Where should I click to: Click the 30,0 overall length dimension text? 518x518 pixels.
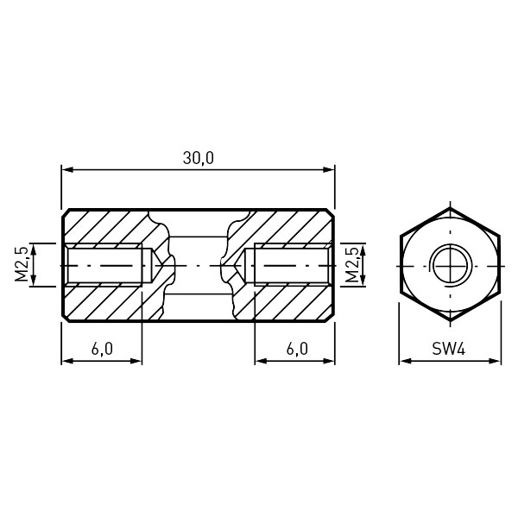coord(199,158)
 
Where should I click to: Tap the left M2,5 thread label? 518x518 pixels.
coord(22,265)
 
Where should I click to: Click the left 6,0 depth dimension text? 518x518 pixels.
coord(102,349)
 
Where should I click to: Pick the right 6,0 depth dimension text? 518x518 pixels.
coord(297,349)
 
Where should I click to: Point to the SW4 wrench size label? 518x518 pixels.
coord(449,349)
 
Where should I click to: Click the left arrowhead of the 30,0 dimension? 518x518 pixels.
coord(66,170)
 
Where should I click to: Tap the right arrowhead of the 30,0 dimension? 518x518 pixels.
coord(329,170)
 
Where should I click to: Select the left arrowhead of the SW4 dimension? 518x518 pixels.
coord(405,361)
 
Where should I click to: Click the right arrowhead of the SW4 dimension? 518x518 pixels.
coord(495,361)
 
